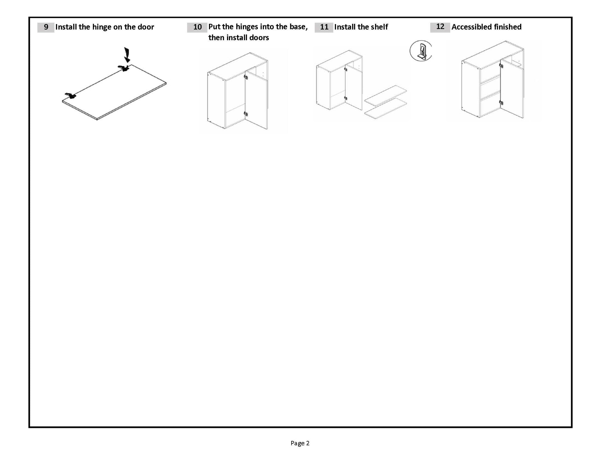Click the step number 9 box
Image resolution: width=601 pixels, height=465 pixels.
pos(46,27)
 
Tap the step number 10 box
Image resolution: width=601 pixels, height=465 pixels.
pos(197,27)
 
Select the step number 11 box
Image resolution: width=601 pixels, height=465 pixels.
pos(324,27)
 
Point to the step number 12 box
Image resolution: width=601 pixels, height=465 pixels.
pos(440,27)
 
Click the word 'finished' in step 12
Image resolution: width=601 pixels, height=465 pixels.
pos(508,27)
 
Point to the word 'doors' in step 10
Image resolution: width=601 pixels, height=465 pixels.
pos(259,38)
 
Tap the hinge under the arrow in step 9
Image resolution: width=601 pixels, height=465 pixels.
pos(124,68)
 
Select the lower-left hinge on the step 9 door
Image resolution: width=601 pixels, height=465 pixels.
pos(70,96)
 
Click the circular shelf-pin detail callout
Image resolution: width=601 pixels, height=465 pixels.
pos(421,51)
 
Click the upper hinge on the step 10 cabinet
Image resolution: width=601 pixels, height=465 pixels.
pos(246,77)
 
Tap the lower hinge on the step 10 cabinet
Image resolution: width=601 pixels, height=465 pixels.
pos(246,114)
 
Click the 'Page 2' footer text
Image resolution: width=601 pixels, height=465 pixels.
pos(300,443)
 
